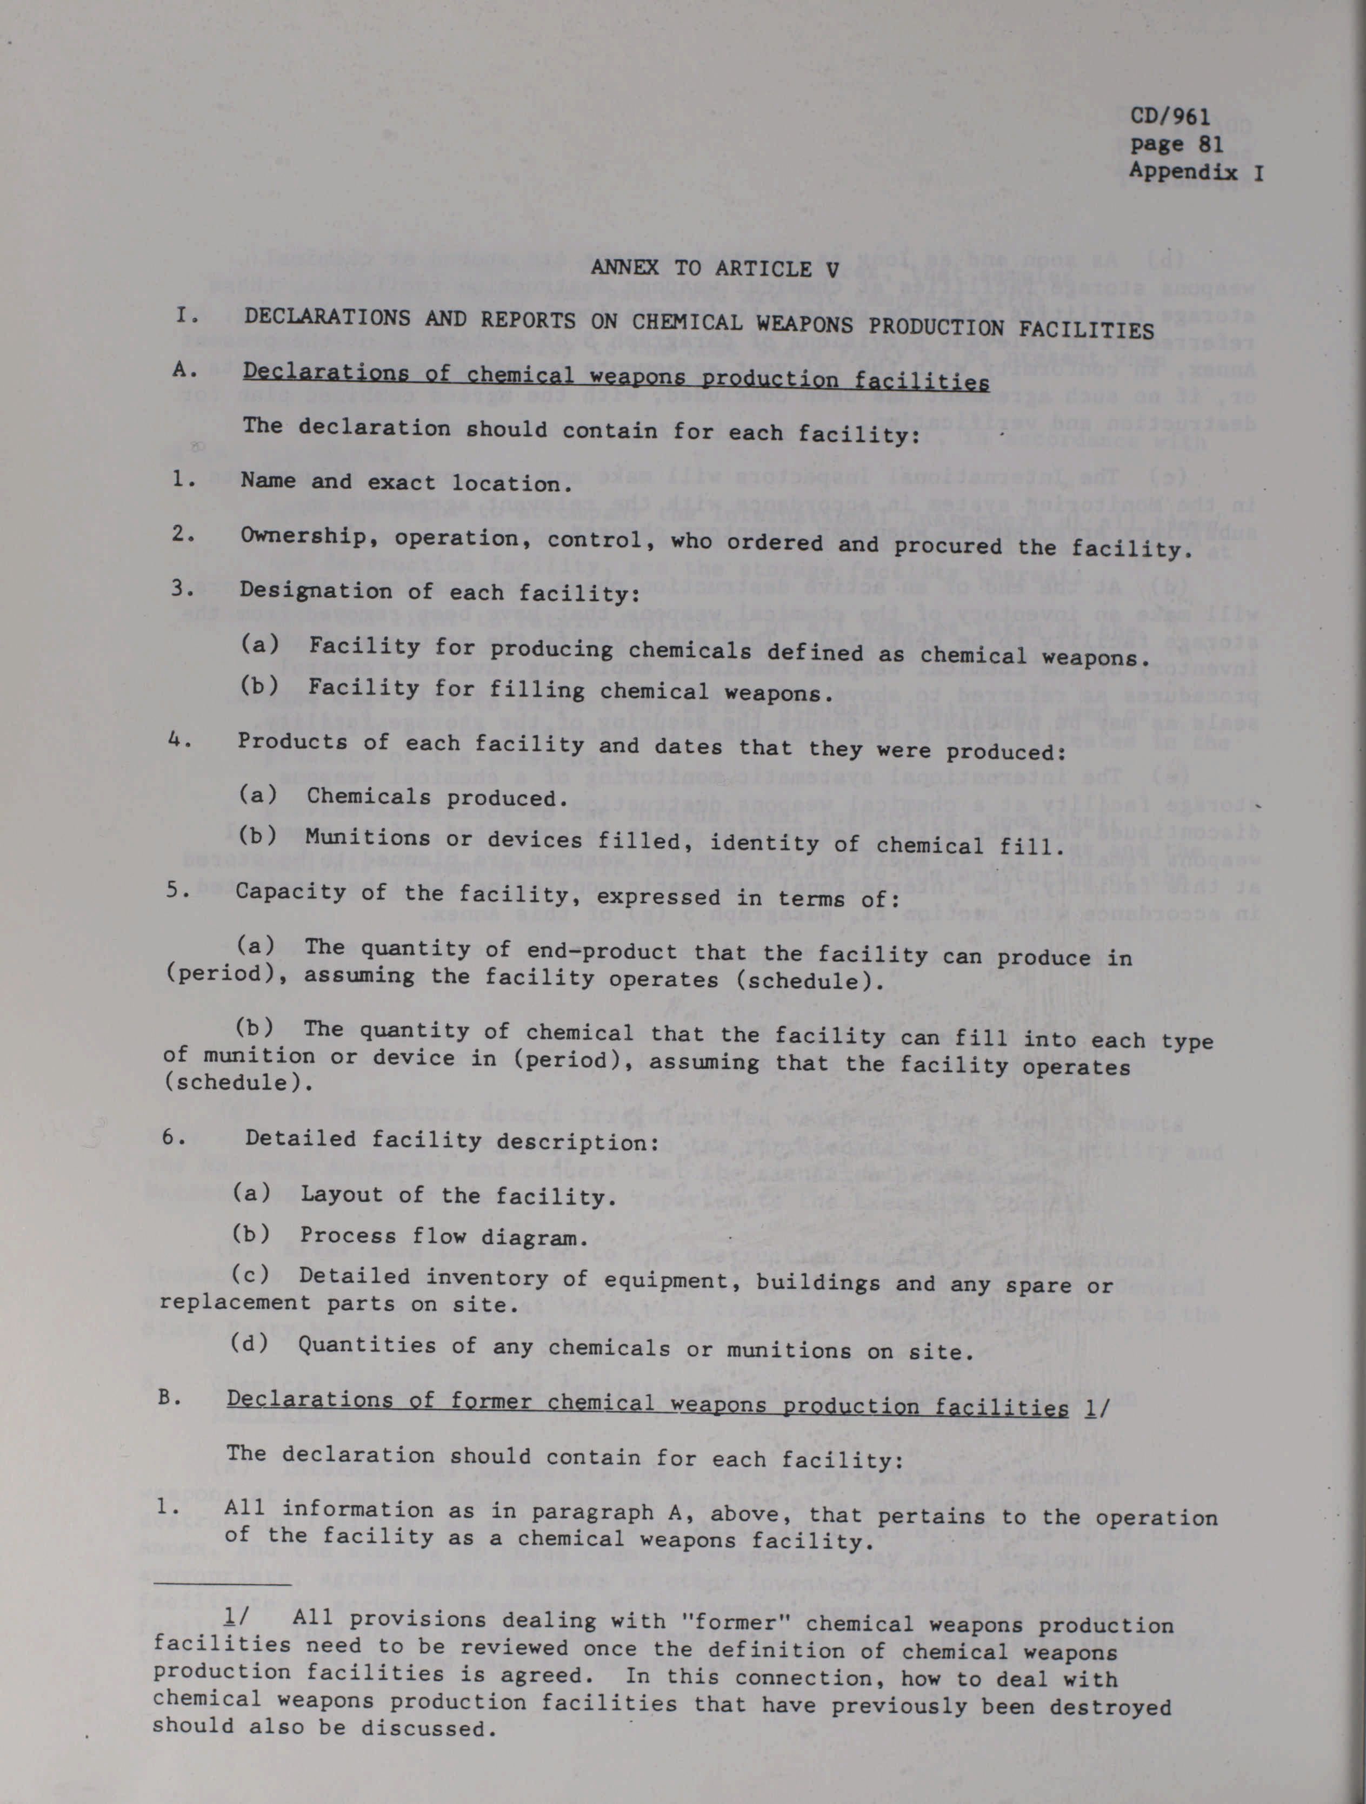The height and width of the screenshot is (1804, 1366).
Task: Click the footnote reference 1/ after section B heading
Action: coord(1088,1408)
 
